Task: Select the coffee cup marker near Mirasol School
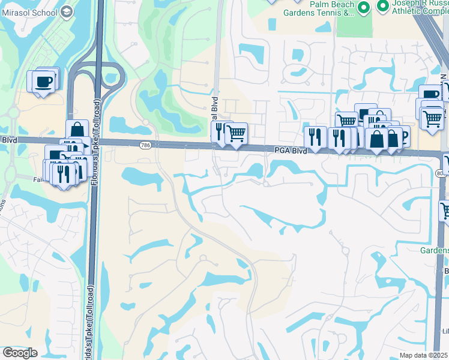44,81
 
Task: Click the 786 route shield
145,145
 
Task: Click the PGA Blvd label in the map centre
292,150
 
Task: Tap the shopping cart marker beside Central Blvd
236,132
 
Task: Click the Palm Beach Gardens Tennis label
324,11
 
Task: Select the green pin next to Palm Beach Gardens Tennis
363,8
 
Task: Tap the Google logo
20,353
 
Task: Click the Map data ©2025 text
424,355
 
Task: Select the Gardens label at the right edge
435,250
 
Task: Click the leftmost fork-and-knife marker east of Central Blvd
315,136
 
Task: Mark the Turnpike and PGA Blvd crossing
96,142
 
